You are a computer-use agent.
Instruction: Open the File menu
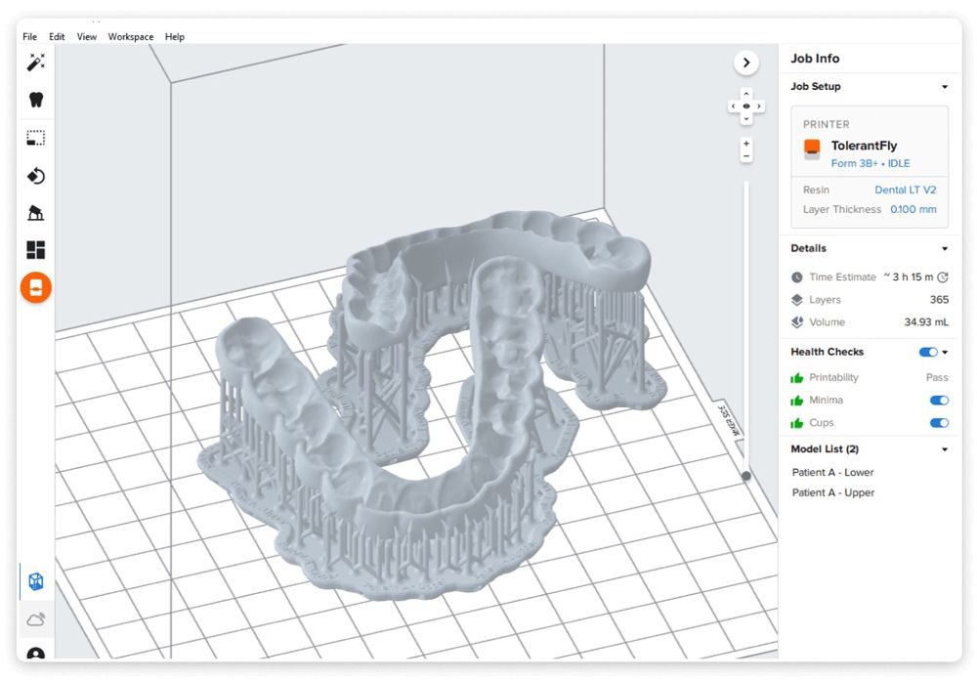(29, 37)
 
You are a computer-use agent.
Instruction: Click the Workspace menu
(131, 37)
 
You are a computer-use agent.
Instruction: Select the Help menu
(175, 37)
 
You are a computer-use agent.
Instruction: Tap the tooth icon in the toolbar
(36, 100)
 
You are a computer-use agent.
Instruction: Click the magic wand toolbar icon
(36, 63)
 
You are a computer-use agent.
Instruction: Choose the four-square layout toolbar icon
(35, 250)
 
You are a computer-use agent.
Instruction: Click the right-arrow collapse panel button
(746, 63)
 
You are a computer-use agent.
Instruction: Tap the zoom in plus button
(746, 144)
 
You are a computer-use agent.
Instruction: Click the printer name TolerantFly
(865, 146)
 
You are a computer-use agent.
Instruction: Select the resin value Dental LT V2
(906, 190)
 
